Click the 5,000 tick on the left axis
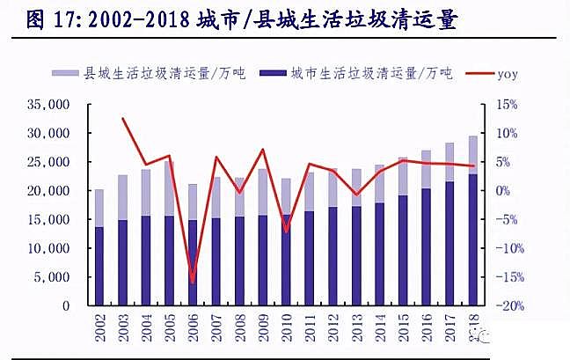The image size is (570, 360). click(53, 277)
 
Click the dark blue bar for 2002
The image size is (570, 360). click(99, 267)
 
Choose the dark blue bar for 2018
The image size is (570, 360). click(472, 240)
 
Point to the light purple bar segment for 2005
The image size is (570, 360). click(169, 188)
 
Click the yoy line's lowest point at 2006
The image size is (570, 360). click(193, 283)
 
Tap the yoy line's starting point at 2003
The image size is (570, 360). click(123, 118)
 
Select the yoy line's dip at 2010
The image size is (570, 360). click(286, 231)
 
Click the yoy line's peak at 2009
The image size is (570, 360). click(262, 150)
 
